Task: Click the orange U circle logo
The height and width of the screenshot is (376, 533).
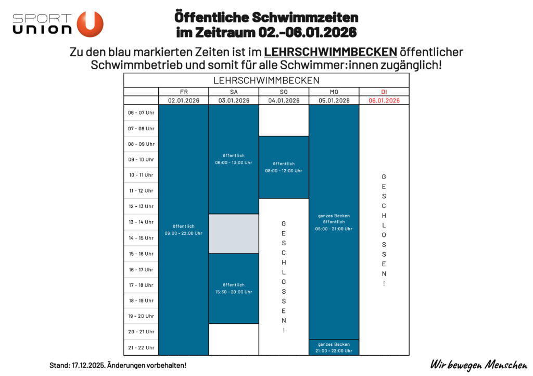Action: [x=90, y=24]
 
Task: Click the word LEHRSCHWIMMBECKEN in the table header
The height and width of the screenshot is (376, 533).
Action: [x=266, y=81]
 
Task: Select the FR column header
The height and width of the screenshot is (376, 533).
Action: [x=183, y=92]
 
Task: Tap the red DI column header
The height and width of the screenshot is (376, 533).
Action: [x=384, y=92]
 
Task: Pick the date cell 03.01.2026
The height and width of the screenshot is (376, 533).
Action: [x=234, y=101]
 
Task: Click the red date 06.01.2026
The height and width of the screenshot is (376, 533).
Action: [x=384, y=101]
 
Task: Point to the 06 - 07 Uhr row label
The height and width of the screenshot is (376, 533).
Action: [x=141, y=112]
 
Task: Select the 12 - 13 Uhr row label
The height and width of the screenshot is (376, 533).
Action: [x=141, y=206]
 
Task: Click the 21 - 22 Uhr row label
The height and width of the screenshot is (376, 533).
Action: [x=141, y=347]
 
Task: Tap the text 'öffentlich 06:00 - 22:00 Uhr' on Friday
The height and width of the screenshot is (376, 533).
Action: [x=183, y=230]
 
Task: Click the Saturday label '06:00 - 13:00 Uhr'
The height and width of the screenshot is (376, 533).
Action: [x=234, y=162]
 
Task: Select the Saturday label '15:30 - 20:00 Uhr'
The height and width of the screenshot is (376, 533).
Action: [x=234, y=292]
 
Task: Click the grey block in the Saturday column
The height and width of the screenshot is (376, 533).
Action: [x=234, y=233]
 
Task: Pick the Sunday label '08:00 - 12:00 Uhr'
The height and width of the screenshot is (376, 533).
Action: [x=284, y=171]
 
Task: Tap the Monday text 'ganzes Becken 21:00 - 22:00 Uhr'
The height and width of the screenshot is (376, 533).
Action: [x=334, y=347]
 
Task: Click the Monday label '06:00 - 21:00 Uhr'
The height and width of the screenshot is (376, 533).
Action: [x=334, y=229]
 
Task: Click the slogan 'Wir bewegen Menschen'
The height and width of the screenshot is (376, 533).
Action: [x=478, y=365]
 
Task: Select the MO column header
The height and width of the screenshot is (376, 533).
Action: [x=334, y=92]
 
